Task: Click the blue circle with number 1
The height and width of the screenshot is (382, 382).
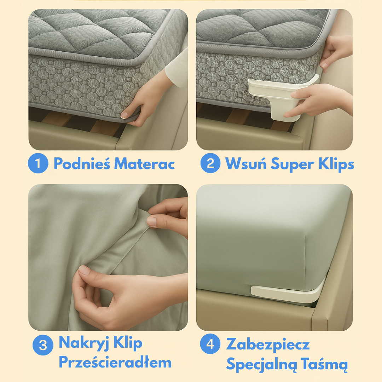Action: [x=38, y=163]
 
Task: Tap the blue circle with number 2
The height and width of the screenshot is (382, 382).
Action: [x=210, y=163]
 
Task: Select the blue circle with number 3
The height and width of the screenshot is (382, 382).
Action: [x=43, y=345]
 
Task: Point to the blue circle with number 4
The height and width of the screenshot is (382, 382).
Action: [x=210, y=344]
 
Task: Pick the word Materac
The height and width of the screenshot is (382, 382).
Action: [x=144, y=164]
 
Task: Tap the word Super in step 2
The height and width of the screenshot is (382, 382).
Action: [x=293, y=164]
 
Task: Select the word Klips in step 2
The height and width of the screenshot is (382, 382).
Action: [x=336, y=163]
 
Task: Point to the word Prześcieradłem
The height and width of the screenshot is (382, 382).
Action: [x=115, y=362]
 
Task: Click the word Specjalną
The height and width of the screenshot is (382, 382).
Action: [x=262, y=364]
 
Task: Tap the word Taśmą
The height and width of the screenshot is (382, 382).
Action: [x=324, y=364]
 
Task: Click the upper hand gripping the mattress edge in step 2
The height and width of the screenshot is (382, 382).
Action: [x=336, y=53]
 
